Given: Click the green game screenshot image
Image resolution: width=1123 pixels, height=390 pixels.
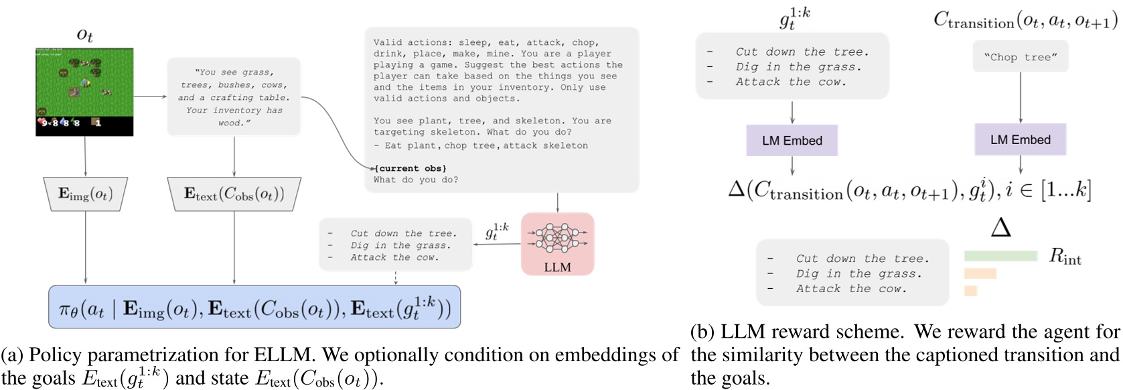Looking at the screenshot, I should point(84,91).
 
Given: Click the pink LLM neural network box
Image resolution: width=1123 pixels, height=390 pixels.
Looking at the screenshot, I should point(557,244).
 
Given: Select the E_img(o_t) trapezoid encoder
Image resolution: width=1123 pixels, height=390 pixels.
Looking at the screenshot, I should point(86,194).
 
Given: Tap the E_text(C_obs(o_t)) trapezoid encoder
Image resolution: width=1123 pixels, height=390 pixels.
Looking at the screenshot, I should point(234,194).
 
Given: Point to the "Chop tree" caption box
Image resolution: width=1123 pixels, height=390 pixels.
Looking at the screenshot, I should point(1021,57).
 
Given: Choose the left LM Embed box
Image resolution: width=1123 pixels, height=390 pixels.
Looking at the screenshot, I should point(792,141).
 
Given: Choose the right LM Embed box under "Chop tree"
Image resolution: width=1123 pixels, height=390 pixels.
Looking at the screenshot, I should point(1021,140).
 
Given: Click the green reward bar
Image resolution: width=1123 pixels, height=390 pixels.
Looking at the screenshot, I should point(1000,256).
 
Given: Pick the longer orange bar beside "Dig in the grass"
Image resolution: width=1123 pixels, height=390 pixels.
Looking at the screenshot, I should point(980,273).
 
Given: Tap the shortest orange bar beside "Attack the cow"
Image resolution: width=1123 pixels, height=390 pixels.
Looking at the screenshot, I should point(970,291).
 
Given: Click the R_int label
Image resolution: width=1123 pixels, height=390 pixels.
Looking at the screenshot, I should point(1065,256).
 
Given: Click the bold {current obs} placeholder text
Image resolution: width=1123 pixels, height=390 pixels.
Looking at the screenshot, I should point(410,168).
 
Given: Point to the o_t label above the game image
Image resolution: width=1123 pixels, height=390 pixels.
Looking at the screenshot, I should point(85,35).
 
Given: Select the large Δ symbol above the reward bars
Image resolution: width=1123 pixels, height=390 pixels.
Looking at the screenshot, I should point(1000,228).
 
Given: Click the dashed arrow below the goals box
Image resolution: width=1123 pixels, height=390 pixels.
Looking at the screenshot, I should point(396,277).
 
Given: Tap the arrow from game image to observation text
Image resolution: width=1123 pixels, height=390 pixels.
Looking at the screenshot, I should point(150,96).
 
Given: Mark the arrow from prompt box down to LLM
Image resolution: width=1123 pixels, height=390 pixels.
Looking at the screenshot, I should point(557,202).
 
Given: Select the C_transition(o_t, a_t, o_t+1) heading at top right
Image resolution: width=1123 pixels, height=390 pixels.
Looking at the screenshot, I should point(1025,21).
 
